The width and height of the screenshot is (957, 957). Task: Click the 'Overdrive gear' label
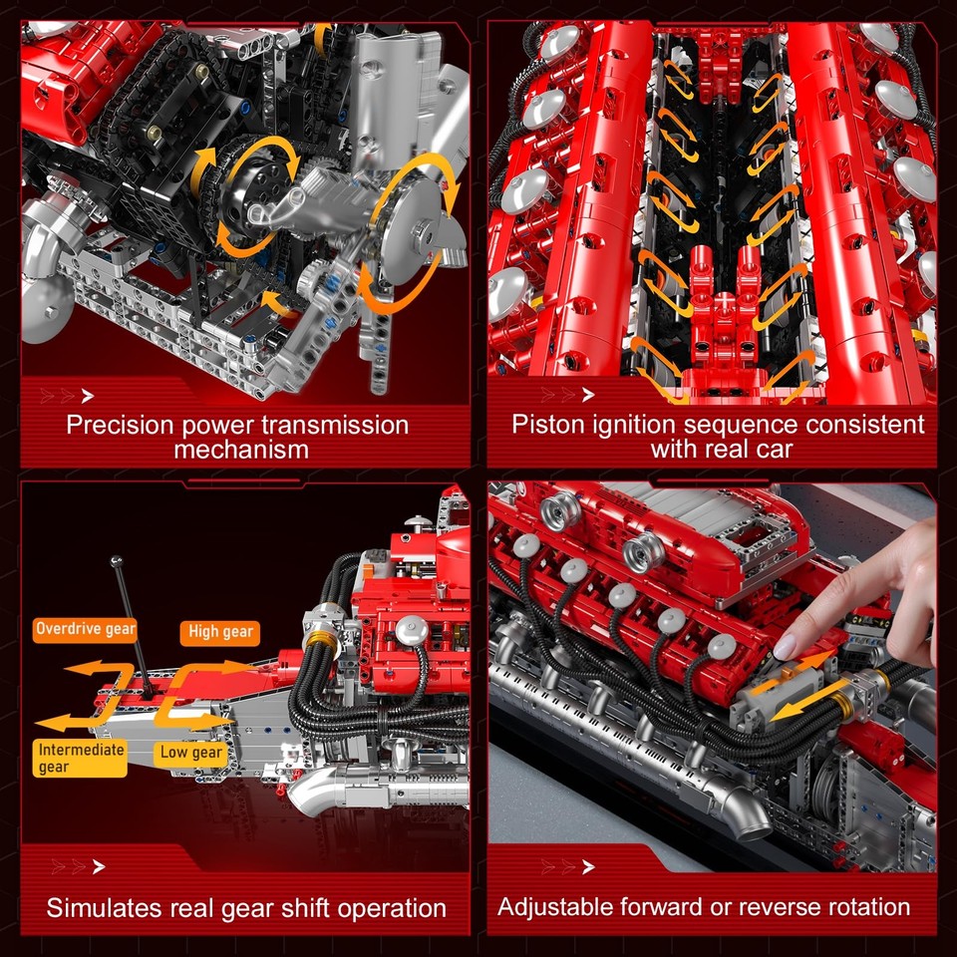click(85, 628)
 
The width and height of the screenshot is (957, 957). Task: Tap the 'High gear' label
click(219, 631)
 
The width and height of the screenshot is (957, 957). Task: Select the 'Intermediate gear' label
click(81, 758)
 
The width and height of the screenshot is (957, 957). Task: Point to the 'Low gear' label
click(192, 753)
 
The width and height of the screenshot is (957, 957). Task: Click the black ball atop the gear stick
click(117, 562)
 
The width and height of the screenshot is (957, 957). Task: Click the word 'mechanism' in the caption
click(241, 450)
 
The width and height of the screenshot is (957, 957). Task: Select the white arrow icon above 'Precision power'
click(88, 396)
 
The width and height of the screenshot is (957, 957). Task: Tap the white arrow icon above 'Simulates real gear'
click(98, 867)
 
